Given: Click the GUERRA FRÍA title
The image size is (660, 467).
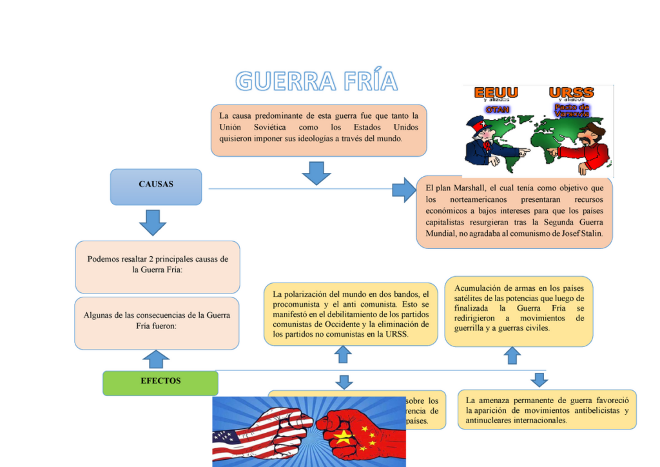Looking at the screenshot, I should click(x=316, y=81).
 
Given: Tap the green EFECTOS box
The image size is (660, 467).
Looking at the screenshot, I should click(x=160, y=383).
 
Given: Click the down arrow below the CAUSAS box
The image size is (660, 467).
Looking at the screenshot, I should click(x=153, y=223).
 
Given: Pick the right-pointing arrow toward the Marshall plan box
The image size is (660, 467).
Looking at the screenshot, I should click(x=404, y=189).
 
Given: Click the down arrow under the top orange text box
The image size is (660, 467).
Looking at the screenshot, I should click(x=316, y=172).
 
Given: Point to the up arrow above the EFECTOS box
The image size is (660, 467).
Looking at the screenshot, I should click(x=155, y=359).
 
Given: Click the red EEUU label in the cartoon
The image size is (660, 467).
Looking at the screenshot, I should click(x=496, y=92).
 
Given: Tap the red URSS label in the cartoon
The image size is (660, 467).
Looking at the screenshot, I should click(x=571, y=92).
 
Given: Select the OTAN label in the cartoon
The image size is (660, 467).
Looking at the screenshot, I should click(x=497, y=110).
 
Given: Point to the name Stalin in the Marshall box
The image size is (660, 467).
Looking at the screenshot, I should click(x=590, y=234).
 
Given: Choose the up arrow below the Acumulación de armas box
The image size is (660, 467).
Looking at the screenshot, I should click(x=512, y=355).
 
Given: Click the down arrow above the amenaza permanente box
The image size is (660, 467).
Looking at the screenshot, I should click(x=539, y=379).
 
